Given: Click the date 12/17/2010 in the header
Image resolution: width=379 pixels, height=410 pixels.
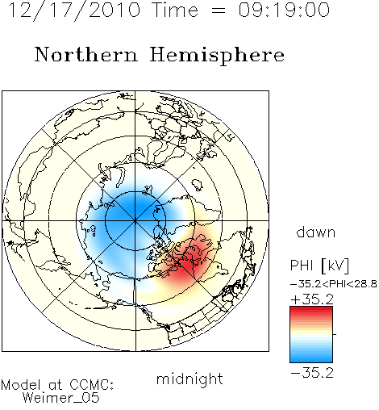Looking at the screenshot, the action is (x=74, y=10).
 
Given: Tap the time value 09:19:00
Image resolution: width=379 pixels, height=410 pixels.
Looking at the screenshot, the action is (x=284, y=10).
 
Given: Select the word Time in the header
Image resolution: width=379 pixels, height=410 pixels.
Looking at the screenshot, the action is (x=175, y=10).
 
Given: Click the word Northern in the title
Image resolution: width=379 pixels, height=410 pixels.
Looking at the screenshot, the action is (x=86, y=55).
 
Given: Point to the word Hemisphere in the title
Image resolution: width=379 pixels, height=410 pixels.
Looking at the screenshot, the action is (x=217, y=55).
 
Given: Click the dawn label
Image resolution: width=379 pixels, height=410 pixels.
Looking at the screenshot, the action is (x=316, y=232).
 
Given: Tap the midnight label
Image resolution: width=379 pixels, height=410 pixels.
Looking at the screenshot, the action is (x=189, y=379).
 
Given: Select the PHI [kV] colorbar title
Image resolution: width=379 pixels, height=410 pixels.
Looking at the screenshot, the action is (x=319, y=266).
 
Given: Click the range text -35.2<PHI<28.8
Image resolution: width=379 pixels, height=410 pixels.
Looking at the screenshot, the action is (x=334, y=284).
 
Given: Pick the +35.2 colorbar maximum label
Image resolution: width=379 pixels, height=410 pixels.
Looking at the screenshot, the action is (x=312, y=299).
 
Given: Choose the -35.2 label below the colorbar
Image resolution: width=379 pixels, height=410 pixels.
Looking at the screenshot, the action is (x=312, y=373).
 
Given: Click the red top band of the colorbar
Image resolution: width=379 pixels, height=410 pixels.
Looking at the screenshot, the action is (x=311, y=310).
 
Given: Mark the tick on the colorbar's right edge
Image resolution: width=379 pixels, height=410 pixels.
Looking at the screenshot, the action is (x=335, y=334).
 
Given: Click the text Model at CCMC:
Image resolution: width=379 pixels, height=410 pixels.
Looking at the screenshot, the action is (x=57, y=385).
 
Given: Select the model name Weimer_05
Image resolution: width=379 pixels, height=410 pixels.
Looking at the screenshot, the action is (x=61, y=397).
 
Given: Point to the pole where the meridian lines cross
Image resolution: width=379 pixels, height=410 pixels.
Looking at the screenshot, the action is (x=135, y=221).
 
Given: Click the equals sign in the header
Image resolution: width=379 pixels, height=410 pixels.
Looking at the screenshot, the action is (x=219, y=10).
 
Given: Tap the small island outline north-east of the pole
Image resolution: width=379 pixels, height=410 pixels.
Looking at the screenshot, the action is (x=198, y=185).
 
